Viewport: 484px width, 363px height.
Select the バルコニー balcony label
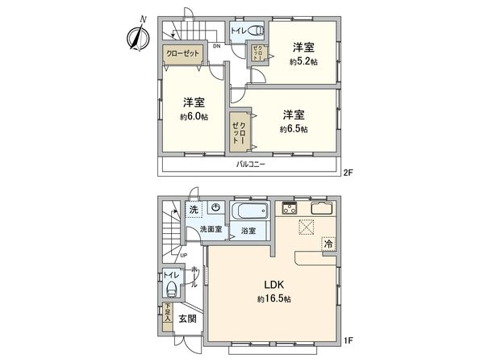click(x=251, y=165)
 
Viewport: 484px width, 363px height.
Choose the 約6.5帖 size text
click(x=293, y=128)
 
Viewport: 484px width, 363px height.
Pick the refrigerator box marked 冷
click(x=329, y=243)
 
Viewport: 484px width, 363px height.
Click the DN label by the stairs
click(x=216, y=46)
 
